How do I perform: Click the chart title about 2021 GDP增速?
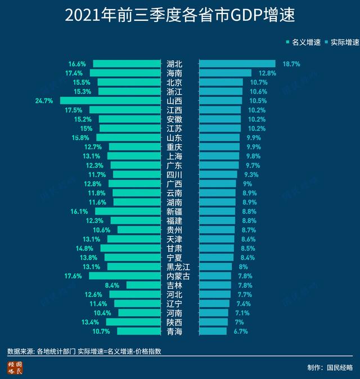[x=179, y=15]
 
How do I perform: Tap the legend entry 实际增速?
[x=341, y=42]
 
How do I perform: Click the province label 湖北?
[x=174, y=64]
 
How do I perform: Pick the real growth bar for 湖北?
[x=237, y=64]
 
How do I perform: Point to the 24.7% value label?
[x=43, y=101]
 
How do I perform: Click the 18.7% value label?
[x=291, y=64]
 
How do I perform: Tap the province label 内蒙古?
[x=179, y=276]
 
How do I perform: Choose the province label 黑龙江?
[x=179, y=266]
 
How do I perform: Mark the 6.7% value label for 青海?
[x=240, y=331]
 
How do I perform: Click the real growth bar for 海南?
[x=225, y=73]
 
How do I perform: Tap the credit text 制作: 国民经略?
[x=330, y=367]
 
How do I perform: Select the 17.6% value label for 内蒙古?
[x=73, y=276]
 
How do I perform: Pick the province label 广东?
[x=174, y=166]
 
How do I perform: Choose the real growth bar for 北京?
[x=220, y=82]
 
